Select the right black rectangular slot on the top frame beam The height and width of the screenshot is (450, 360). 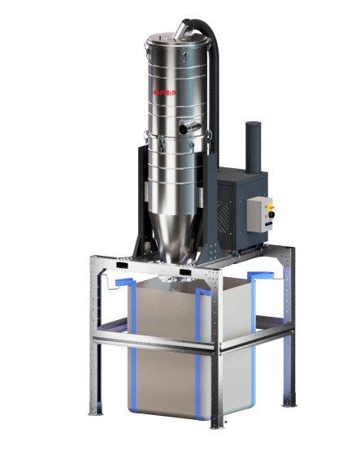[x=186, y=270]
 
